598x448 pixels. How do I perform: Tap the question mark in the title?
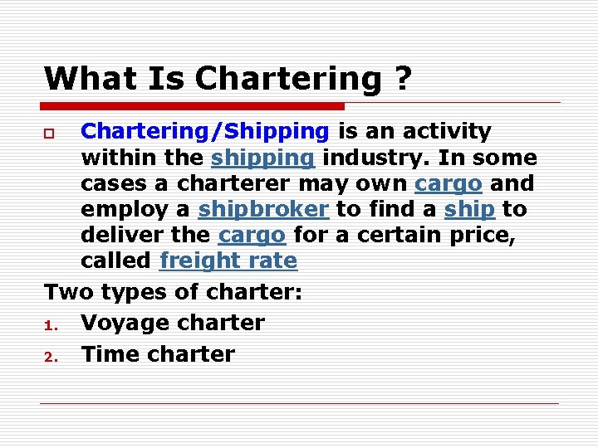pyautogui.click(x=402, y=79)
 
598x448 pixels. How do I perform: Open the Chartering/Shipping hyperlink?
pyautogui.click(x=205, y=132)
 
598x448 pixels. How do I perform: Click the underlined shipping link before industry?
pyautogui.click(x=262, y=158)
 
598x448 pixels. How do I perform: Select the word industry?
pyautogui.click(x=375, y=158)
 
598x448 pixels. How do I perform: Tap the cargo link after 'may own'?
pyautogui.click(x=448, y=183)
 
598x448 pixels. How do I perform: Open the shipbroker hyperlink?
pyautogui.click(x=263, y=209)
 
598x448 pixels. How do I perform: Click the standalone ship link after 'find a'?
pyautogui.click(x=468, y=209)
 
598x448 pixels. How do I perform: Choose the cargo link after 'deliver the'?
pyautogui.click(x=252, y=235)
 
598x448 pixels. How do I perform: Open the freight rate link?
pyautogui.click(x=228, y=261)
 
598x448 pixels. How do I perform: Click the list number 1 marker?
pyautogui.click(x=49, y=324)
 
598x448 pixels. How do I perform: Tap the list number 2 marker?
pyautogui.click(x=49, y=356)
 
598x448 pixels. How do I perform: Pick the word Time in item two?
pyautogui.click(x=109, y=354)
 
